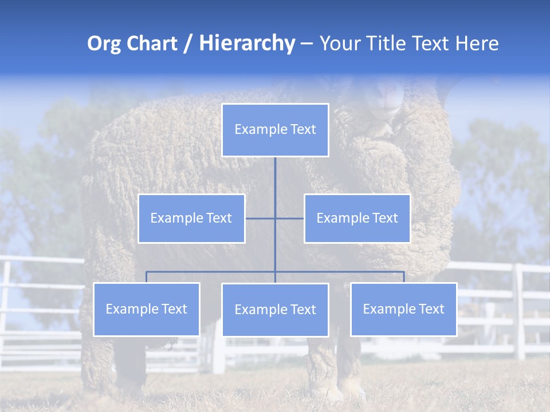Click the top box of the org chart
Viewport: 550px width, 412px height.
coord(275,130)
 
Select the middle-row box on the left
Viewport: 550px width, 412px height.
coord(191,218)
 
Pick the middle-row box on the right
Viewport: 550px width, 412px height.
coord(357,218)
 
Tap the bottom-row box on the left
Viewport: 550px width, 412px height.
coord(147,309)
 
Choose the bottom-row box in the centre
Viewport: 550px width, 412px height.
coord(275,310)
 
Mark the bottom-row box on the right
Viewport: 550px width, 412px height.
coord(403,309)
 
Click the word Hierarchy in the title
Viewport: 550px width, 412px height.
coord(247,43)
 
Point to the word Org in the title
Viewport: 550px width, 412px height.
coord(104,44)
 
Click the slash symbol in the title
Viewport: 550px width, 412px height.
coord(188,44)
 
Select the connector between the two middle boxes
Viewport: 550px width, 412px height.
coord(289,218)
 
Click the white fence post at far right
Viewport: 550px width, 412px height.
coord(519,312)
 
